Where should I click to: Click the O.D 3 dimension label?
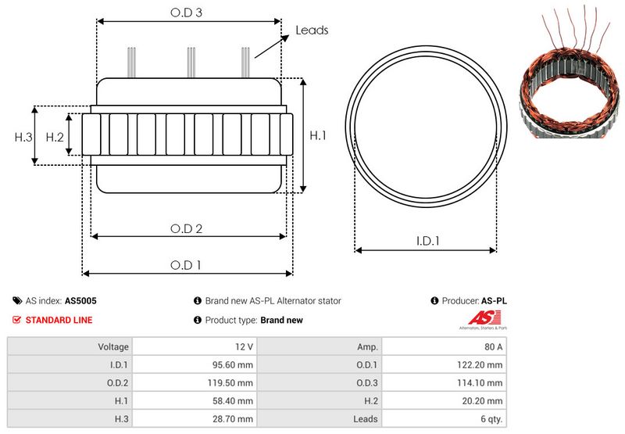coord(187,13)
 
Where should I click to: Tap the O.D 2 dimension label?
coord(187,228)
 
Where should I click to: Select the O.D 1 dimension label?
coord(187,265)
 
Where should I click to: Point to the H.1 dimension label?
coord(318,136)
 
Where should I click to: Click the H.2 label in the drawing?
coord(54,137)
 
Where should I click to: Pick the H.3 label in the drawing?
coord(23,137)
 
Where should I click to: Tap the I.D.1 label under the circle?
coord(427,242)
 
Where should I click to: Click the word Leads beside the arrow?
coord(312,30)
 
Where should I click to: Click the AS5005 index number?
coord(80,300)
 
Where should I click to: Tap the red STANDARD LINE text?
coord(59,320)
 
